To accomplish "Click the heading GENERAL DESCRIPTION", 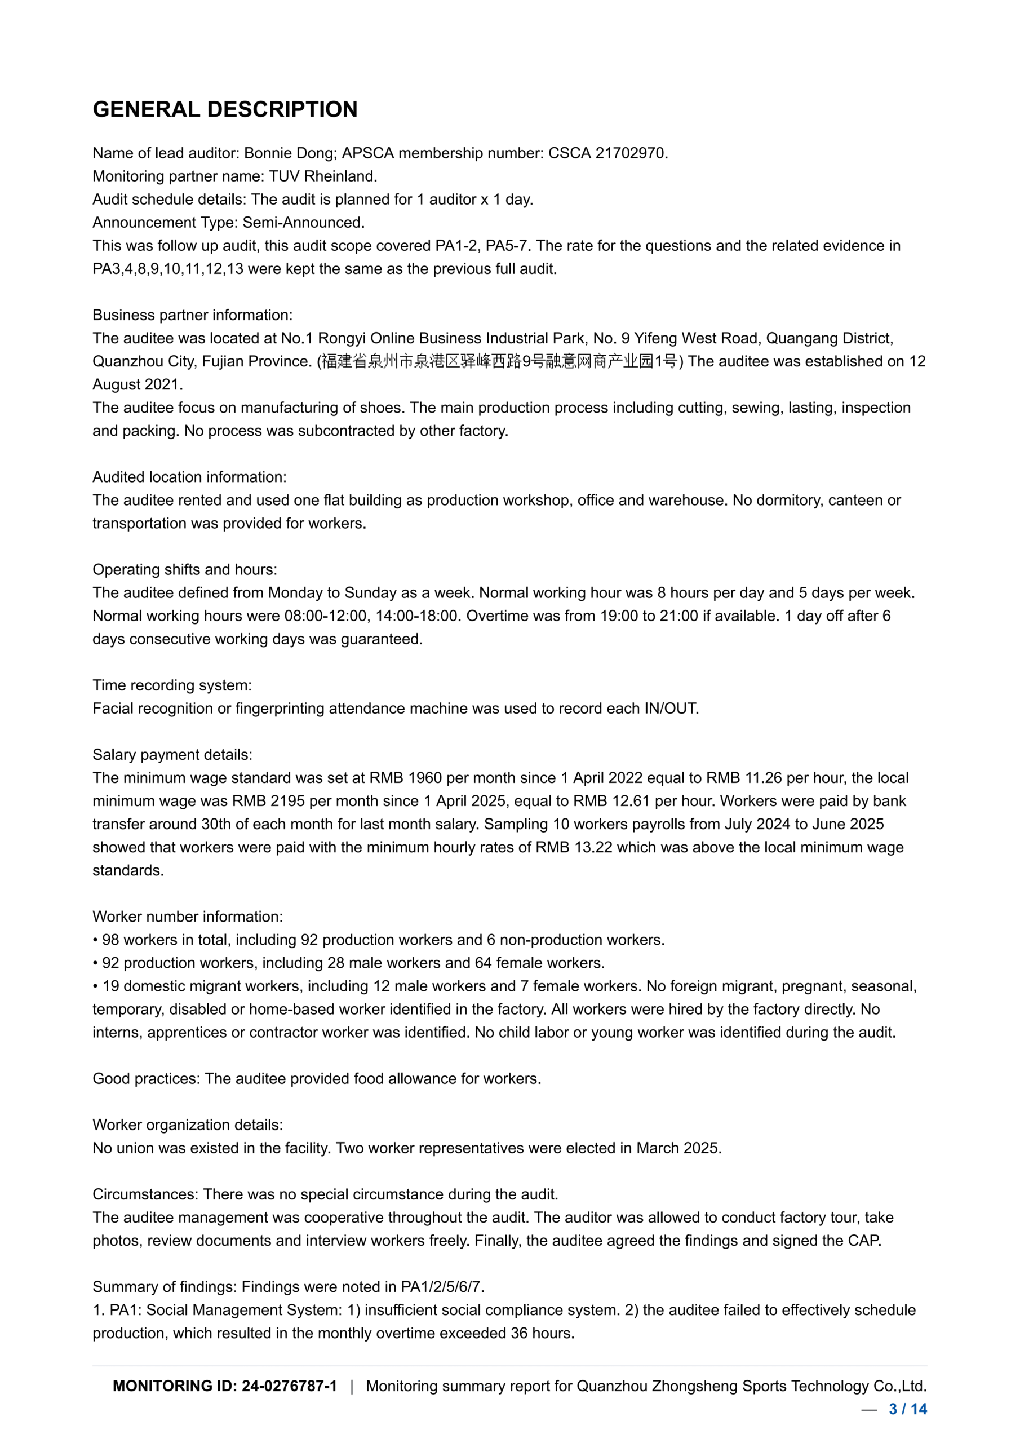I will [225, 109].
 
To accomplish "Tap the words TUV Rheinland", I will [323, 176].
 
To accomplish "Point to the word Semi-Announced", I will [304, 223].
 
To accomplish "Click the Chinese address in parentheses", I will [500, 362].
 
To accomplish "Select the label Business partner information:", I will [192, 316].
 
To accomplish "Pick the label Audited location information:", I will [189, 477].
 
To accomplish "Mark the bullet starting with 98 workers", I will [378, 940].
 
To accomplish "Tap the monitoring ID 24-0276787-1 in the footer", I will [289, 1386].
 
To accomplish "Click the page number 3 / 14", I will [907, 1409].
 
